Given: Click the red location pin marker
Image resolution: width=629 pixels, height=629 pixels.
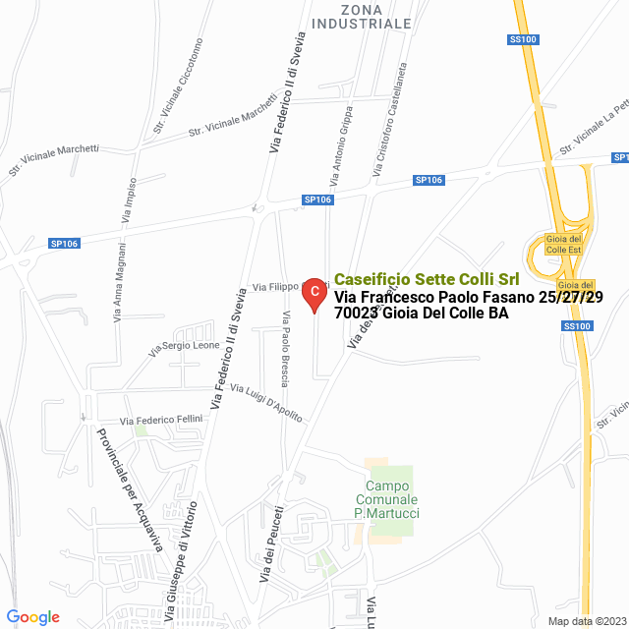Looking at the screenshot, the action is click(313, 292).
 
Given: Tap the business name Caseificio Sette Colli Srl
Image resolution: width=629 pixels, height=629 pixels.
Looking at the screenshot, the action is click(427, 279).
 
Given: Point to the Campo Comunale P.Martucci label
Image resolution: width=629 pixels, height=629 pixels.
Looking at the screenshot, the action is click(387, 501).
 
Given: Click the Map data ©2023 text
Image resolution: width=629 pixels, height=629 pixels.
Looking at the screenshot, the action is click(585, 621).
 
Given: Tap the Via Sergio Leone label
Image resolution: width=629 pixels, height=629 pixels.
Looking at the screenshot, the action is click(184, 347).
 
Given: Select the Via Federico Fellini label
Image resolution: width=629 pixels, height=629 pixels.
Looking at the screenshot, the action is click(160, 421).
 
